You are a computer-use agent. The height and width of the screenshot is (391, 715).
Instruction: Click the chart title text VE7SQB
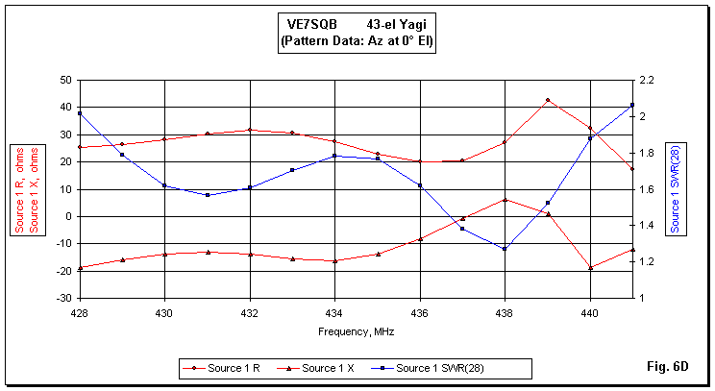[311, 26]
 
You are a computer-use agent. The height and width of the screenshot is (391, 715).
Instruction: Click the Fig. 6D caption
[670, 366]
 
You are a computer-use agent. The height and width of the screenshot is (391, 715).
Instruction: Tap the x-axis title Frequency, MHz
[356, 330]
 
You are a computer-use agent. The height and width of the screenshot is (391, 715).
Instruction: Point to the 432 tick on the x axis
[250, 312]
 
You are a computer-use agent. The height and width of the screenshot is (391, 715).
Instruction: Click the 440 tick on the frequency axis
[590, 312]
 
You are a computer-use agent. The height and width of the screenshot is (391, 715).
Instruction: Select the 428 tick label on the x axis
[80, 312]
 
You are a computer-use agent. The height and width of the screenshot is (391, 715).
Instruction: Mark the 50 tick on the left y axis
[65, 80]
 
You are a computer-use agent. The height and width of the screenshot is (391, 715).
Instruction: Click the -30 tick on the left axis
[62, 298]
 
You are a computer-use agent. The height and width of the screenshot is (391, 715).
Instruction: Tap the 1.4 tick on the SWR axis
[645, 225]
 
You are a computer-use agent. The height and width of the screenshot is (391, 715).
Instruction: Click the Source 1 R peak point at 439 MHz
[548, 100]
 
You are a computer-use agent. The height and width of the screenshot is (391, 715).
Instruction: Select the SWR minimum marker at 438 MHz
[505, 249]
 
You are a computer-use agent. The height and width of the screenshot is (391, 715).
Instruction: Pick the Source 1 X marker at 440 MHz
[590, 267]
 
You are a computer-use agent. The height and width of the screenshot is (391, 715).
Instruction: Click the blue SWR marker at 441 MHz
[632, 105]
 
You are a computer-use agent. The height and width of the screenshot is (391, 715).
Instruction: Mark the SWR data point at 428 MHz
[80, 113]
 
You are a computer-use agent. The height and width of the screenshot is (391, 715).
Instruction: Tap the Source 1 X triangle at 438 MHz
[505, 200]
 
